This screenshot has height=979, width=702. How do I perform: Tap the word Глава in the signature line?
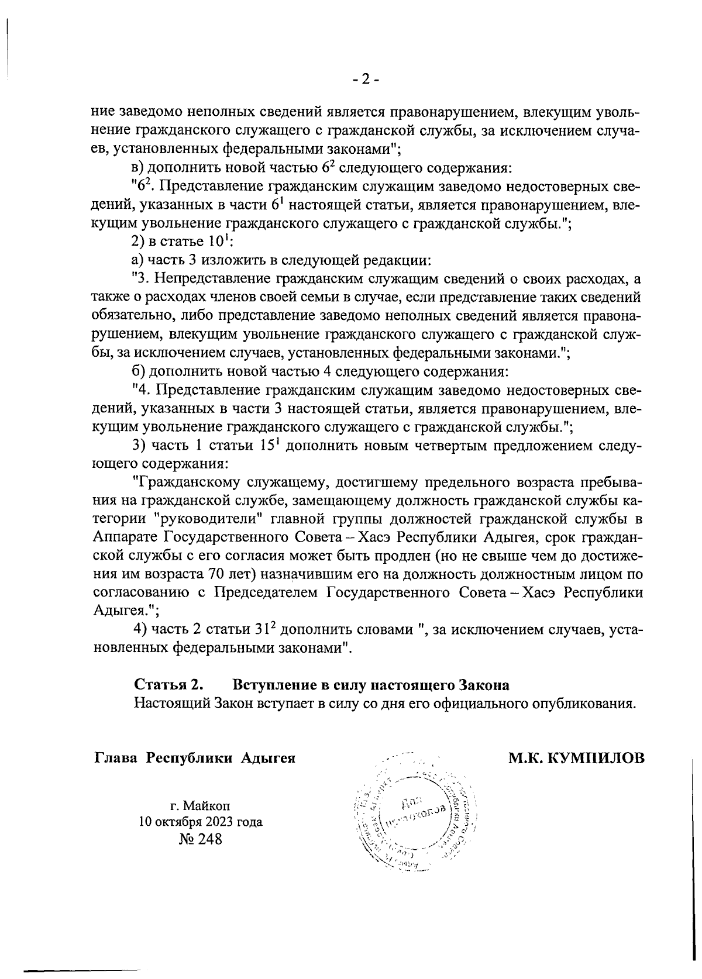pos(116,759)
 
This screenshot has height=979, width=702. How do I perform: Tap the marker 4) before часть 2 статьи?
pos(140,629)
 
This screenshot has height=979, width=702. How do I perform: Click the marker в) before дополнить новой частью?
pos(139,168)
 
